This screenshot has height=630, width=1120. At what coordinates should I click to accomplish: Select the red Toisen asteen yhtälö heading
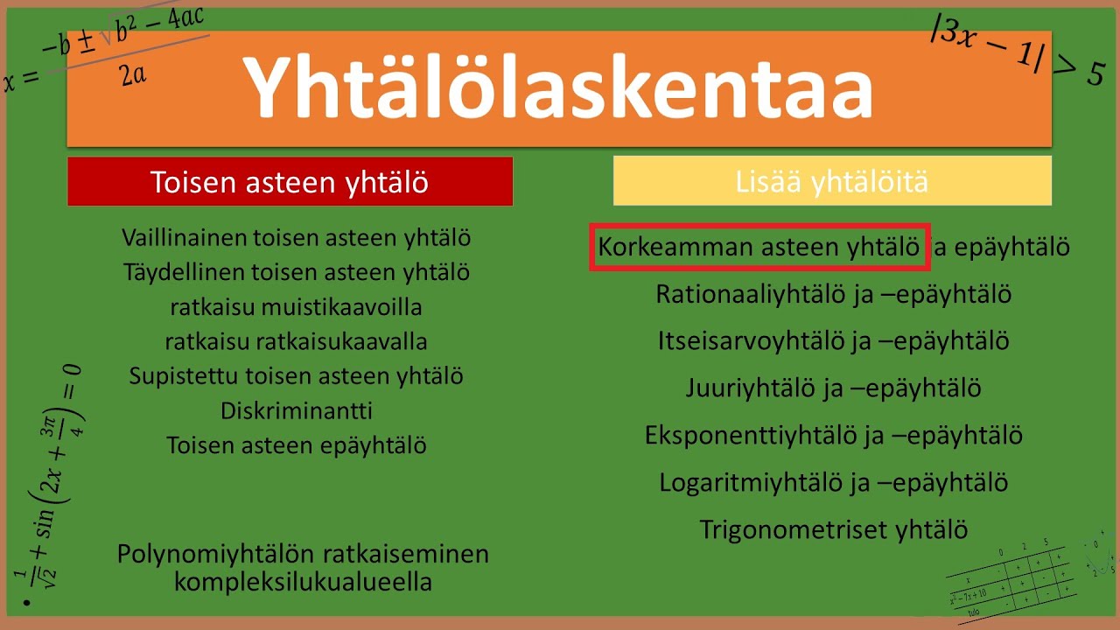point(290,182)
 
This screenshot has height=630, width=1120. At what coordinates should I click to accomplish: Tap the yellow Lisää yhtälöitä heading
point(832,181)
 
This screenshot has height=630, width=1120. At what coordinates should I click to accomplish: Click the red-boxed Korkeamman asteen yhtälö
point(759,248)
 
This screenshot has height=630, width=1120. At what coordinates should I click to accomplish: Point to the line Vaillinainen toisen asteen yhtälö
point(297,237)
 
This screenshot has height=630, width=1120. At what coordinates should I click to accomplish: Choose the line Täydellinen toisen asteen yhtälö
point(297,272)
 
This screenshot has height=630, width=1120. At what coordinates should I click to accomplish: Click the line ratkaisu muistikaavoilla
point(297,307)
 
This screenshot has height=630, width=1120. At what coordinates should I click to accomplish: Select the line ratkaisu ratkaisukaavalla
point(297,341)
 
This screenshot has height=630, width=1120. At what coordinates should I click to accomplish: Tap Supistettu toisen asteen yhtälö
point(297,376)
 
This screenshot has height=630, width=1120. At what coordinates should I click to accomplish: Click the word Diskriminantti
point(297,410)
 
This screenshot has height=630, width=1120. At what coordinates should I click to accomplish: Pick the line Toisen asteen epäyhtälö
point(297,445)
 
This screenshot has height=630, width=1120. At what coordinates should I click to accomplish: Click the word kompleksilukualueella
point(303,582)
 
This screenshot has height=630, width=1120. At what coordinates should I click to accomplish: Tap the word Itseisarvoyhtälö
point(752,340)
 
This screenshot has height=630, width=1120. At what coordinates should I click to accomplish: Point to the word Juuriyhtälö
point(751,388)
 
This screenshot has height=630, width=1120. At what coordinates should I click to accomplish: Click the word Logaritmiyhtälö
point(752,482)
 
